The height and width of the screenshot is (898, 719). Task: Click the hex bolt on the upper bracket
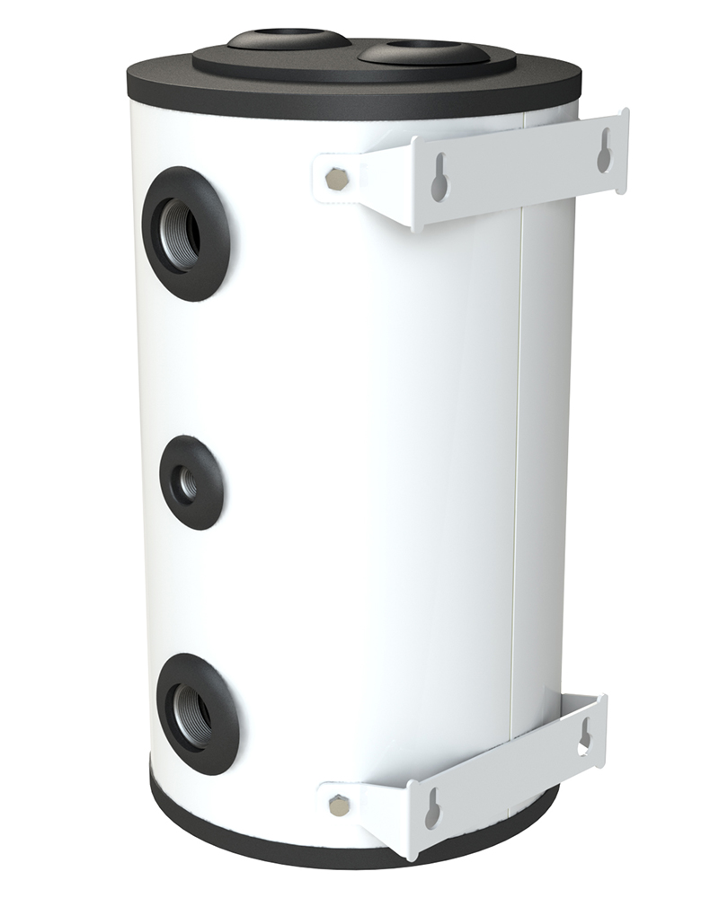(336, 177)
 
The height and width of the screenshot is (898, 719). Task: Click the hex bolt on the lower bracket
(339, 804)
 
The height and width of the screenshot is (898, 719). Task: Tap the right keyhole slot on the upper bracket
(605, 150)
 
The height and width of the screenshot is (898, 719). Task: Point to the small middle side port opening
(188, 483)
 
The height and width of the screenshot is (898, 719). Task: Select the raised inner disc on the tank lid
(342, 65)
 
